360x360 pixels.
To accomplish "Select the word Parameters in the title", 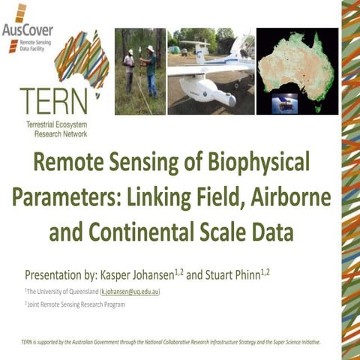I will (67, 197).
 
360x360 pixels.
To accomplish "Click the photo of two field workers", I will (139, 72).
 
